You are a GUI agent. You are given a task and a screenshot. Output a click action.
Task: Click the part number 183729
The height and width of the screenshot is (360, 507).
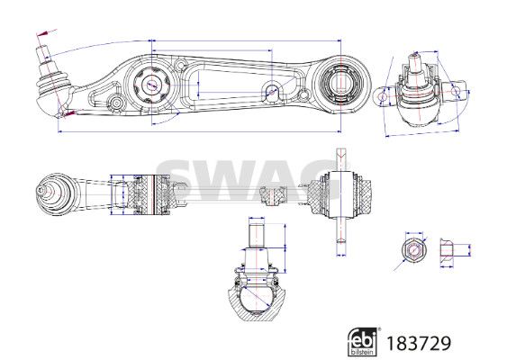pyautogui.click(x=419, y=344)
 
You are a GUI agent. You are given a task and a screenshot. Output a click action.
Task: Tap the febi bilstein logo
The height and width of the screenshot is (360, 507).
pyautogui.click(x=362, y=342)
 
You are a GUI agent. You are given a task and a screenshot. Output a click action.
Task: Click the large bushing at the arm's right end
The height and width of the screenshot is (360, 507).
pyautogui.click(x=340, y=84)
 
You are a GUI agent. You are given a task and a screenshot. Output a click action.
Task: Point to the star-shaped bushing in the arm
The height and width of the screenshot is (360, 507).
pyautogui.click(x=151, y=85)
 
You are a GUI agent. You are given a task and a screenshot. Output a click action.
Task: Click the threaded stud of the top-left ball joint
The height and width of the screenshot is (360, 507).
pyautogui.click(x=43, y=54)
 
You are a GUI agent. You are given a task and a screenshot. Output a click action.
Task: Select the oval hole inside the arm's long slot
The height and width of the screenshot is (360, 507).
pyautogui.click(x=272, y=92)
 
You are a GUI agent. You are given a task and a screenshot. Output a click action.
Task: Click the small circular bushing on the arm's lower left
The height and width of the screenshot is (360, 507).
pyautogui.click(x=117, y=103)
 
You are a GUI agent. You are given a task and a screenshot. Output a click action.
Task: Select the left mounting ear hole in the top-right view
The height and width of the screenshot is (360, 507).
pyautogui.click(x=383, y=95)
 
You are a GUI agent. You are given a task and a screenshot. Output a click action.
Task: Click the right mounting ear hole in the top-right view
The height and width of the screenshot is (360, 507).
pyautogui.click(x=455, y=91)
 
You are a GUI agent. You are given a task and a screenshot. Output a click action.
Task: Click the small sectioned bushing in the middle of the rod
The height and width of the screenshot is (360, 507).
pyautogui.click(x=274, y=195)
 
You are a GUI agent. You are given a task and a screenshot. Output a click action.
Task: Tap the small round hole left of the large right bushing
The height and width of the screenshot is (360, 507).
pyautogui.click(x=303, y=95)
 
